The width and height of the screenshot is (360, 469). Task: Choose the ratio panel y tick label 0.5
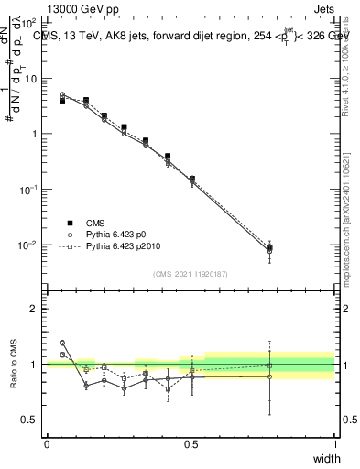coord(29,420)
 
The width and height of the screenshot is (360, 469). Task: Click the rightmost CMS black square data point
coord(269,248)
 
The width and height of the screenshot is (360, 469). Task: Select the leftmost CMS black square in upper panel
coord(62,101)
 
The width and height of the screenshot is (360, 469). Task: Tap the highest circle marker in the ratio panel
coord(62,343)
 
